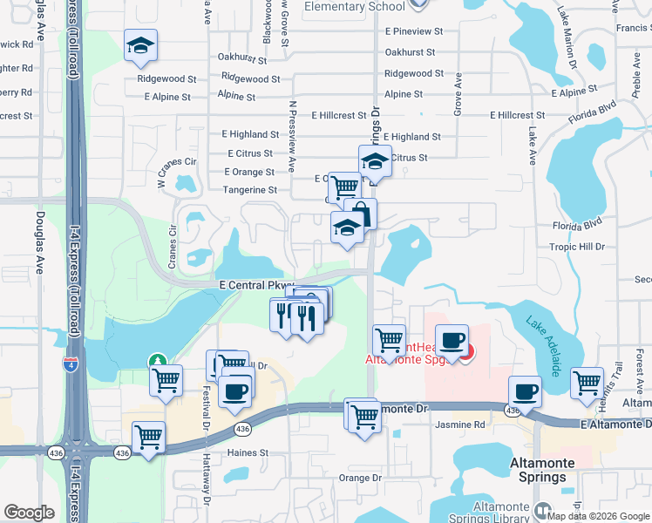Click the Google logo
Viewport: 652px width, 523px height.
(30, 512)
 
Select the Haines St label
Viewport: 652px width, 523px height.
(248, 453)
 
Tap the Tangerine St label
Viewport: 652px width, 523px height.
(250, 189)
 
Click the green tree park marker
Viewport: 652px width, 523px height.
(157, 360)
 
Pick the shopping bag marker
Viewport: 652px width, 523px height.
(360, 214)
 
